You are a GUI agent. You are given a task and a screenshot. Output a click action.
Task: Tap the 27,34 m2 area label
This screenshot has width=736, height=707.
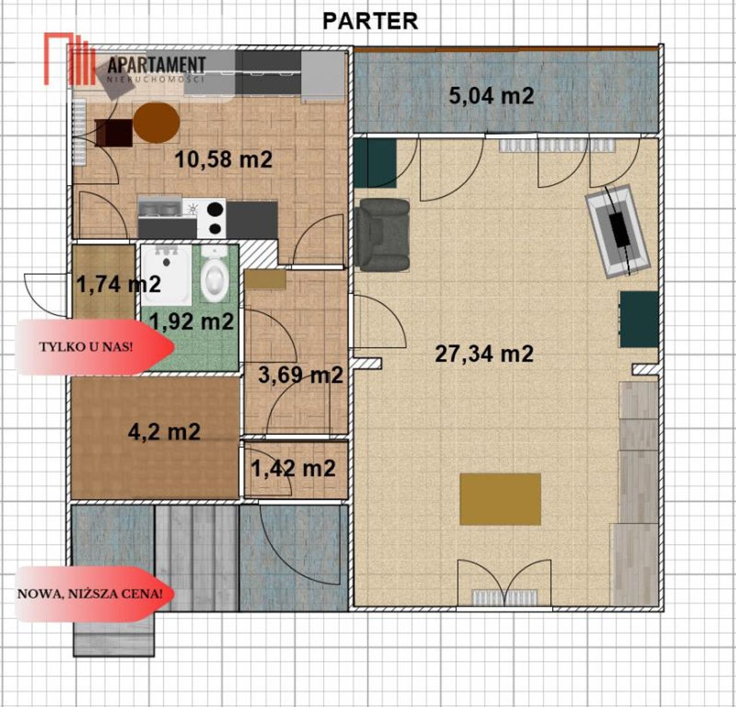(x=484, y=354)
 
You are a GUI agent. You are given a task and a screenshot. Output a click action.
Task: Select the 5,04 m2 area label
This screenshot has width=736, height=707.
(x=491, y=95)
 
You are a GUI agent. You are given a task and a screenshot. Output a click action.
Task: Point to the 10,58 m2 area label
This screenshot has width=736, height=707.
(x=224, y=159)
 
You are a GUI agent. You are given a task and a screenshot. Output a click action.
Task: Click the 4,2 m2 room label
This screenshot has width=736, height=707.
(x=164, y=431)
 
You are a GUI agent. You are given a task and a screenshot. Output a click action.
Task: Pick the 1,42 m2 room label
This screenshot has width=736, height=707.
(x=293, y=469)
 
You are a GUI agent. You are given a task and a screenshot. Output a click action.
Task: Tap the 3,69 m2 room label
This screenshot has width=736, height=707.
(x=301, y=375)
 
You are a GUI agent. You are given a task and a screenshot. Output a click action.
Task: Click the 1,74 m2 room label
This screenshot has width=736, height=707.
(x=119, y=284)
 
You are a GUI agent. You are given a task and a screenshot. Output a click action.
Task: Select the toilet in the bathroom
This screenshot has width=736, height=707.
(x=214, y=273)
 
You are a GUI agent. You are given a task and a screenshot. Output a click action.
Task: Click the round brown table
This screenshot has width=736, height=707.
(x=156, y=123)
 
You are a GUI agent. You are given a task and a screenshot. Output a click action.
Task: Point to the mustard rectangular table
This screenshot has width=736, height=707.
(x=500, y=499)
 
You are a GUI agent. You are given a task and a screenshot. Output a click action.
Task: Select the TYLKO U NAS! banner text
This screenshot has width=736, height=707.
(x=86, y=347)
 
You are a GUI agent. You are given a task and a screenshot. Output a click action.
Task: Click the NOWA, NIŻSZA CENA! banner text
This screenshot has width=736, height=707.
(x=90, y=594)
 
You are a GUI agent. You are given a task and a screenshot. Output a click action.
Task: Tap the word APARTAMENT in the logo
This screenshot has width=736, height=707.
(x=156, y=65)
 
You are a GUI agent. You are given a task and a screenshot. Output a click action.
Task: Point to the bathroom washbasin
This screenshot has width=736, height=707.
(x=167, y=275)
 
